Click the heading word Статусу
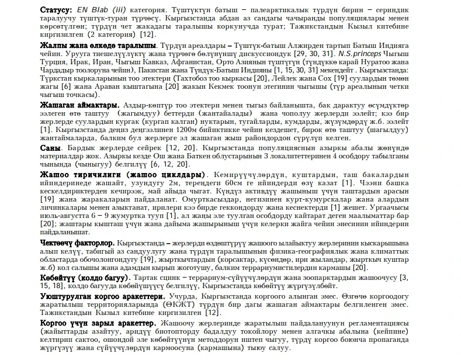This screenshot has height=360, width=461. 56,10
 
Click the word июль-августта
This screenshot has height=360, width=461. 62,214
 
